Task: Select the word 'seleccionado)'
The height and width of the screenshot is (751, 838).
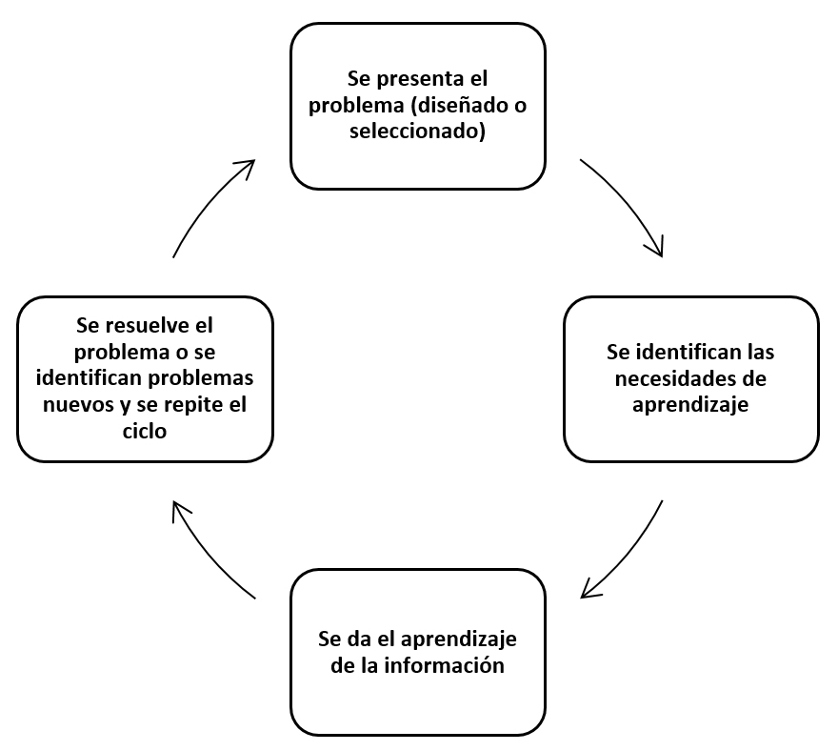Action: [417, 132]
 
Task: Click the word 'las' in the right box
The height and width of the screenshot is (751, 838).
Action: [761, 352]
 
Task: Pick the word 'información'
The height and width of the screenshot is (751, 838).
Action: [444, 665]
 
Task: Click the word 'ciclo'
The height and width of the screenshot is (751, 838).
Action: [145, 431]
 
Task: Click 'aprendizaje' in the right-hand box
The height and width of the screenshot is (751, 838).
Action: [690, 405]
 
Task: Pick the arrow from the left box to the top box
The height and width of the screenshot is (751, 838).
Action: [208, 203]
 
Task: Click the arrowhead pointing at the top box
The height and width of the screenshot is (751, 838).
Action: [247, 167]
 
